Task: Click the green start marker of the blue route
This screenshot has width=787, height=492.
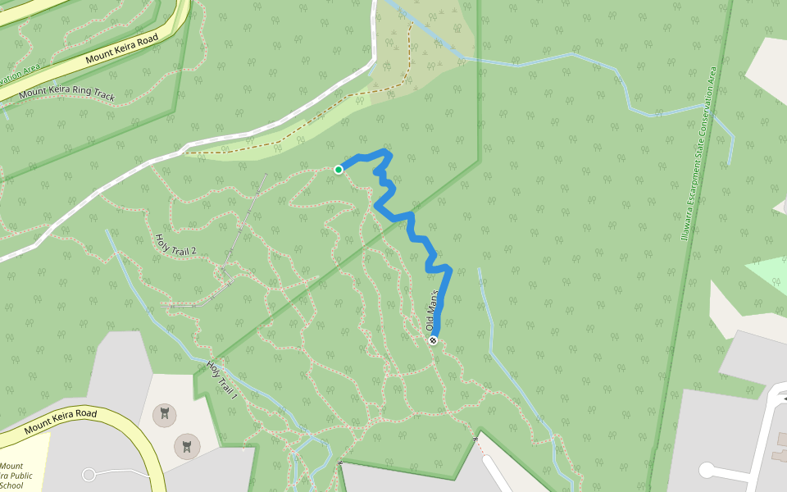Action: click(x=338, y=170)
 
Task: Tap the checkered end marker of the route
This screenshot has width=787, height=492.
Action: click(x=433, y=340)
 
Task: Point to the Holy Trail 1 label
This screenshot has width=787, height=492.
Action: click(x=221, y=380)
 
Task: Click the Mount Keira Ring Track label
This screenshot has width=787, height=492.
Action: click(x=67, y=94)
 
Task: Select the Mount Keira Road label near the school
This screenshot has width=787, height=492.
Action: click(x=61, y=421)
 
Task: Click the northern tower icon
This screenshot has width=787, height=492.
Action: click(x=165, y=414)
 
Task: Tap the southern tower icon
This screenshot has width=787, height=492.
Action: click(x=187, y=446)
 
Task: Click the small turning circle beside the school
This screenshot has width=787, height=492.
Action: click(x=89, y=474)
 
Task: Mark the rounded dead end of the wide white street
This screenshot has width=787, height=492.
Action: click(x=707, y=470)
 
